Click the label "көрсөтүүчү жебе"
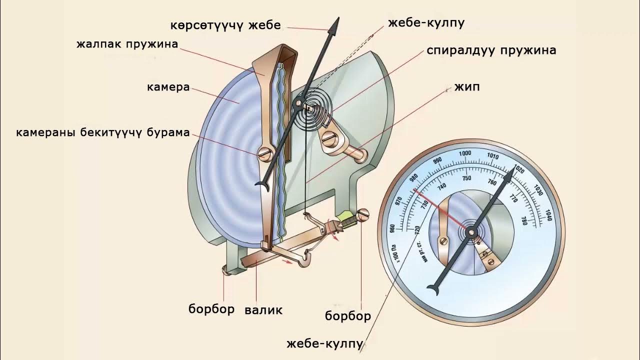tap(225, 25)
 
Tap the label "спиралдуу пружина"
tap(491, 50)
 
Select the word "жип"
tap(467, 87)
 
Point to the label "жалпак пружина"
tap(127, 44)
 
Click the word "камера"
tap(168, 87)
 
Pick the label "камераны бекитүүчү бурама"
tap(103, 132)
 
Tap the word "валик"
tap(263, 310)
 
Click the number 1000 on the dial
tap(465, 153)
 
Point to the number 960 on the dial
tap(392, 228)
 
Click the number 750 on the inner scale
tap(466, 178)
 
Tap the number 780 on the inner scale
tap(523, 220)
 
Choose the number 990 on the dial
tap(438, 160)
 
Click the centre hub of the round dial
tap(471, 231)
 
